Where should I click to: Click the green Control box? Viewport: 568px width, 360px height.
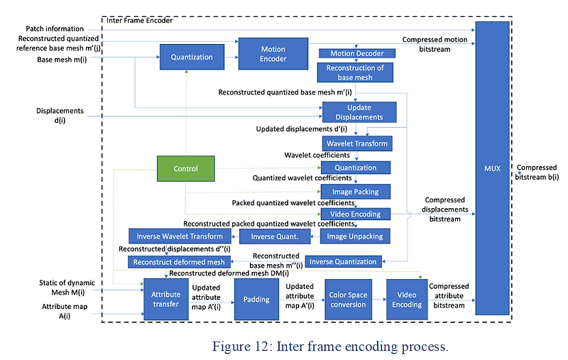(186, 168)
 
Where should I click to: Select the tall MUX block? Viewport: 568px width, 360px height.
(492, 168)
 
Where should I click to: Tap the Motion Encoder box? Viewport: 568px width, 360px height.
(273, 53)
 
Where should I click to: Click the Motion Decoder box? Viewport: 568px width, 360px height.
(357, 53)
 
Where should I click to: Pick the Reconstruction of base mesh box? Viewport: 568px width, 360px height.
(355, 72)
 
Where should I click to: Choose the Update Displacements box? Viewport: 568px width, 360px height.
(359, 112)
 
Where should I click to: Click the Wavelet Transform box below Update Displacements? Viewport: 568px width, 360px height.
(357, 143)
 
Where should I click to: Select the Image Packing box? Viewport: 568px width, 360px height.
(356, 192)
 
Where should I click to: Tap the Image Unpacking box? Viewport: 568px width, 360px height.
(355, 236)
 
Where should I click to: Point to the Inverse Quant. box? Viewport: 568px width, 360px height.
(275, 236)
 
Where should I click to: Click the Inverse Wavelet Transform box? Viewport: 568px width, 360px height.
(180, 236)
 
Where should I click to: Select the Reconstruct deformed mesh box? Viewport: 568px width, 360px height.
(179, 262)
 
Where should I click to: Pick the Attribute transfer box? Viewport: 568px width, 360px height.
(166, 299)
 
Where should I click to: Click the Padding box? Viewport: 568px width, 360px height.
(256, 300)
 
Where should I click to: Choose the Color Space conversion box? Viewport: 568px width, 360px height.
(348, 300)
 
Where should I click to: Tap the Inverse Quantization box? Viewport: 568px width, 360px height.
(343, 261)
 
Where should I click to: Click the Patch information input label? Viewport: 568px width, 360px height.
(55, 28)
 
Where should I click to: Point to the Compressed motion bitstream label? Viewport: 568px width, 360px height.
(435, 44)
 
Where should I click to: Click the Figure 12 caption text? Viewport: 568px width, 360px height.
(330, 347)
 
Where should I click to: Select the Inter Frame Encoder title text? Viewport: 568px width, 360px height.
(139, 21)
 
